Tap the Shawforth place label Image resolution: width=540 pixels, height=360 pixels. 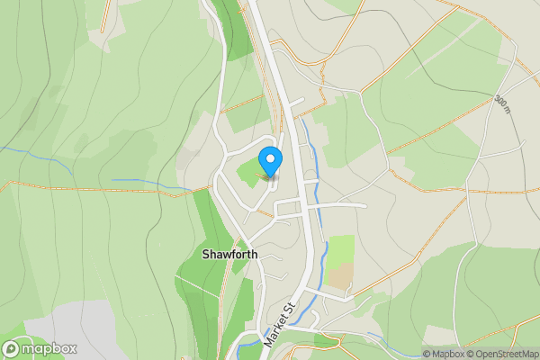coord(229,255)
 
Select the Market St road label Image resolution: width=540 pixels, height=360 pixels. coord(282,326)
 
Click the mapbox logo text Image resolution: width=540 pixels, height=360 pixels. coord(49,348)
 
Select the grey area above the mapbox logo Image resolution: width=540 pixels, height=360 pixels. coord(72,319)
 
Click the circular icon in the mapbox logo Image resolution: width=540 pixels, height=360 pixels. coord(11,348)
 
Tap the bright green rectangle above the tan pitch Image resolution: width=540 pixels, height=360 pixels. coord(340,249)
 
